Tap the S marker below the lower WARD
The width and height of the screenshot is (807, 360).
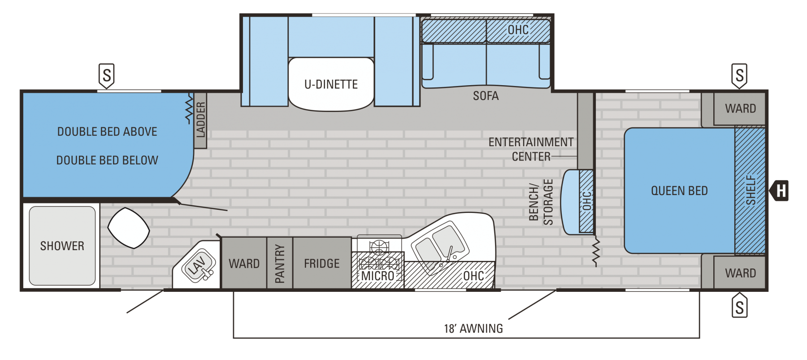point(739,306)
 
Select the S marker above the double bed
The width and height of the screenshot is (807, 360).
point(107,75)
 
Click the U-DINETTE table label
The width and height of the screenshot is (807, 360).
point(331,84)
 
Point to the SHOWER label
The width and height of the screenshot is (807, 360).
point(62,246)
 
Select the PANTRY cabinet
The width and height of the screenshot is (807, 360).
point(280,263)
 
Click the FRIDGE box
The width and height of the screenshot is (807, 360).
point(322,263)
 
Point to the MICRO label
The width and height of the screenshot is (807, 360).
point(377,276)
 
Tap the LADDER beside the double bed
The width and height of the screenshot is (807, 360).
point(200,120)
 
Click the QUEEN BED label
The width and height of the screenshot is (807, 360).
point(679,191)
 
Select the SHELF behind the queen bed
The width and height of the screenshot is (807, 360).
point(750,190)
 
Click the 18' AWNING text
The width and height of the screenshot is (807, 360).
point(473,329)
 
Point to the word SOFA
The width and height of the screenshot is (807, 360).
point(486,96)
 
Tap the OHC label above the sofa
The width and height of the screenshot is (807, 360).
point(518,30)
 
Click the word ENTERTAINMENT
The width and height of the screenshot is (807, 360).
point(531,142)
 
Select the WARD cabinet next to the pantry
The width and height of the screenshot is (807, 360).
point(244,263)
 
